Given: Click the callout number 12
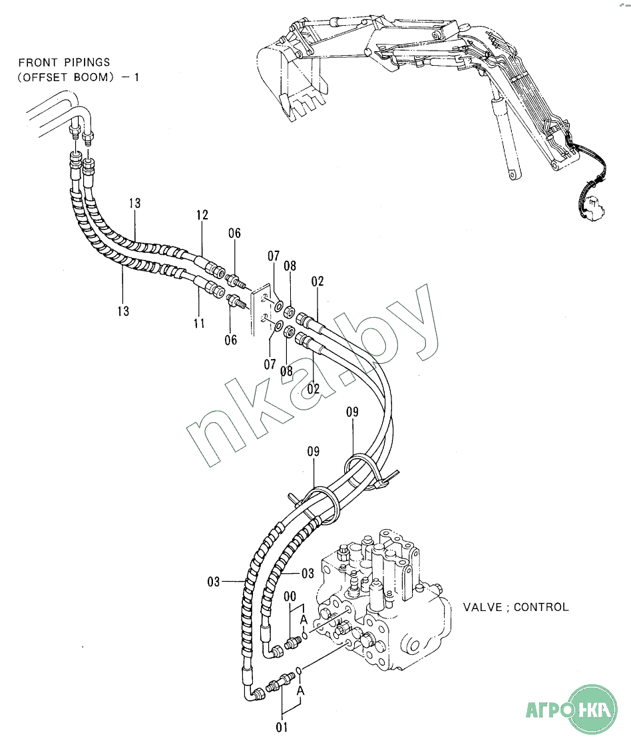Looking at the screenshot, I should (x=202, y=215).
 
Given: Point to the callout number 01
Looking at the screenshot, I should (x=282, y=727).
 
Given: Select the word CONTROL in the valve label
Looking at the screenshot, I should (x=541, y=607).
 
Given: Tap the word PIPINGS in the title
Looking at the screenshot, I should (x=85, y=62).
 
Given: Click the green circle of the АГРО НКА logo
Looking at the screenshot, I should (x=585, y=709).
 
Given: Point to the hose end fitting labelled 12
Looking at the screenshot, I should (x=212, y=267).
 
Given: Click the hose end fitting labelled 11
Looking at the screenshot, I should (x=212, y=288).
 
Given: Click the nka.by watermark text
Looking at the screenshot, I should (x=313, y=379).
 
